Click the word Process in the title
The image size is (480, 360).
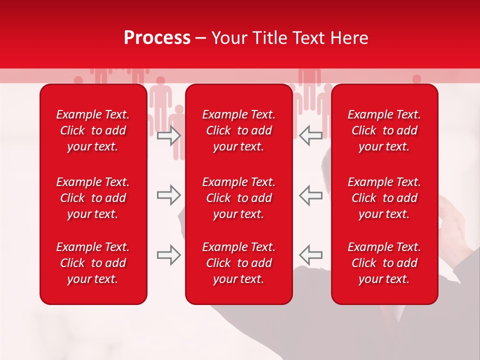point(157,38)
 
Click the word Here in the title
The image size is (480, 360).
point(349,38)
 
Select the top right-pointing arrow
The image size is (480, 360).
point(168,135)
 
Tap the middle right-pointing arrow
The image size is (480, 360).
point(168,195)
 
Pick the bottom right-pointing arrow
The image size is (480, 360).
point(168,255)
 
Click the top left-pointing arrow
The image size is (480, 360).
point(310,135)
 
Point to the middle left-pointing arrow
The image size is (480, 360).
point(310,195)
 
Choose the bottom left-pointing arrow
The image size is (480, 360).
point(310,255)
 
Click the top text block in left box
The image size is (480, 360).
point(93,130)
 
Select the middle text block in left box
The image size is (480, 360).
point(93,198)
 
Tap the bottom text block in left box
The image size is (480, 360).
point(93,263)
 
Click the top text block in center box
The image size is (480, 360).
point(238,130)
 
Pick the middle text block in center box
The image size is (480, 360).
point(238,198)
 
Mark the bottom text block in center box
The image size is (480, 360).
point(238,263)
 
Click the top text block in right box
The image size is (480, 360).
point(384,130)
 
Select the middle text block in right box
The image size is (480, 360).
point(384,198)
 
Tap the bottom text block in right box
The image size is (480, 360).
point(384,263)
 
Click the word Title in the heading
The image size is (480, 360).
point(270,38)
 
